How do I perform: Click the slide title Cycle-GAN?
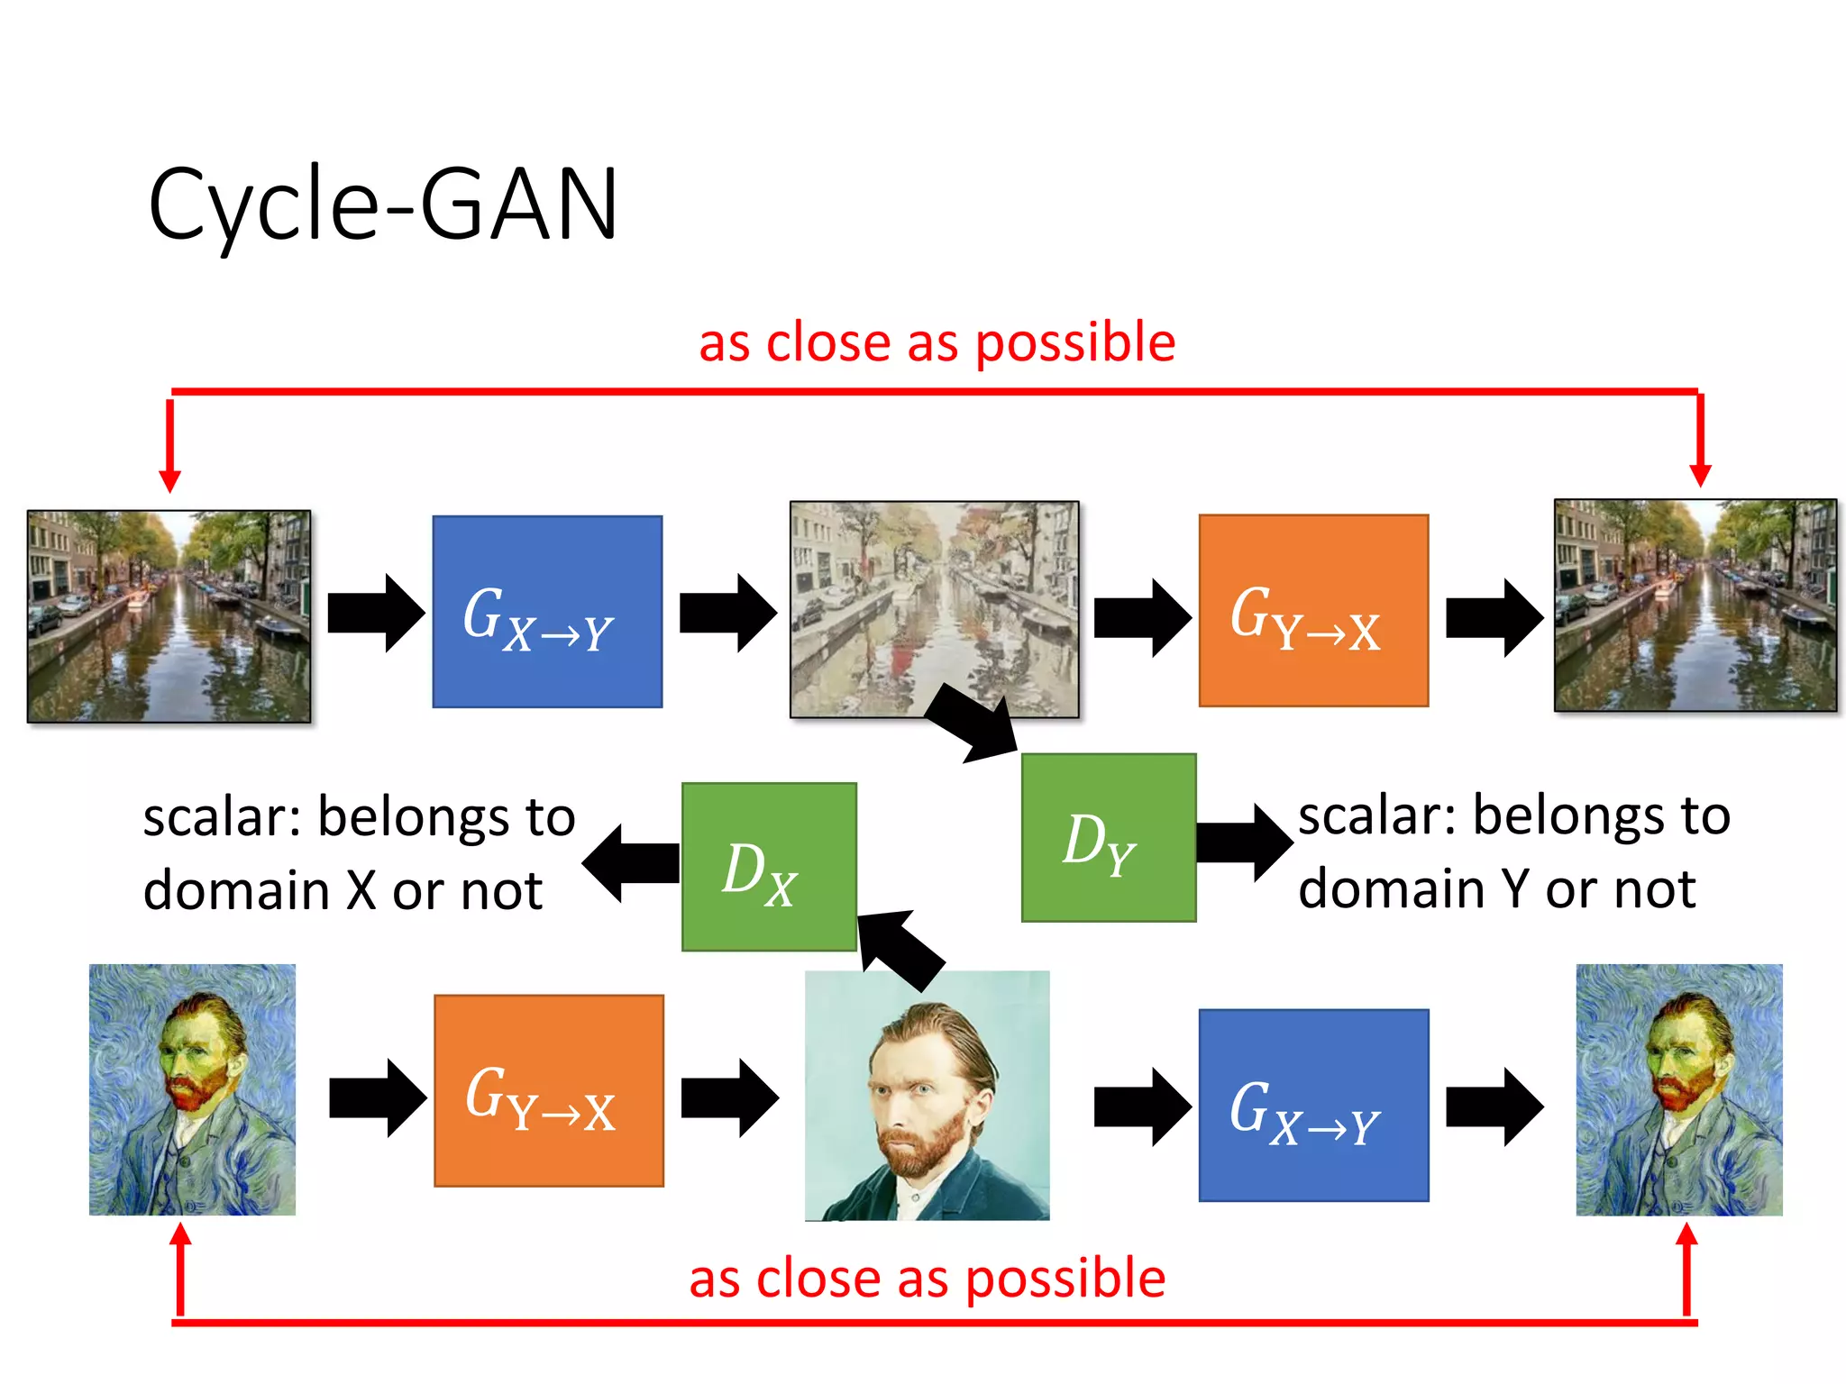pos(383,205)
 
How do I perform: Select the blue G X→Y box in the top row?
pos(547,612)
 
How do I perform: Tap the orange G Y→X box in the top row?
pos(1313,611)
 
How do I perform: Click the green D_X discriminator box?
pos(769,867)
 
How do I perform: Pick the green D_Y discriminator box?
pos(1108,838)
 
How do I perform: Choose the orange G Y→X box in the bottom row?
pos(549,1091)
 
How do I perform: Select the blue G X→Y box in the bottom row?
pos(1313,1106)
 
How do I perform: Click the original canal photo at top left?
pos(169,616)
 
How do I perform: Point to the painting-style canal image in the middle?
pos(934,609)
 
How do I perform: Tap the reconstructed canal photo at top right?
pos(1695,605)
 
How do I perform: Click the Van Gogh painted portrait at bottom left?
pos(192,1089)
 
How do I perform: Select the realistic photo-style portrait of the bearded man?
pos(927,1096)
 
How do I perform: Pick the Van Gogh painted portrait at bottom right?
pos(1678,1089)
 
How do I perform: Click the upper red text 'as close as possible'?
pos(937,342)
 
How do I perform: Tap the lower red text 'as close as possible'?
pos(927,1279)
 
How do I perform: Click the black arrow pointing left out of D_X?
pos(630,863)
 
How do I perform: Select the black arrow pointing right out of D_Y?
pos(1245,842)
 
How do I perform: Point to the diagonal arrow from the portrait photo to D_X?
pos(900,950)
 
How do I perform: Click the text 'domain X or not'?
pos(343,891)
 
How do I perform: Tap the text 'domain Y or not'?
pos(1496,889)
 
